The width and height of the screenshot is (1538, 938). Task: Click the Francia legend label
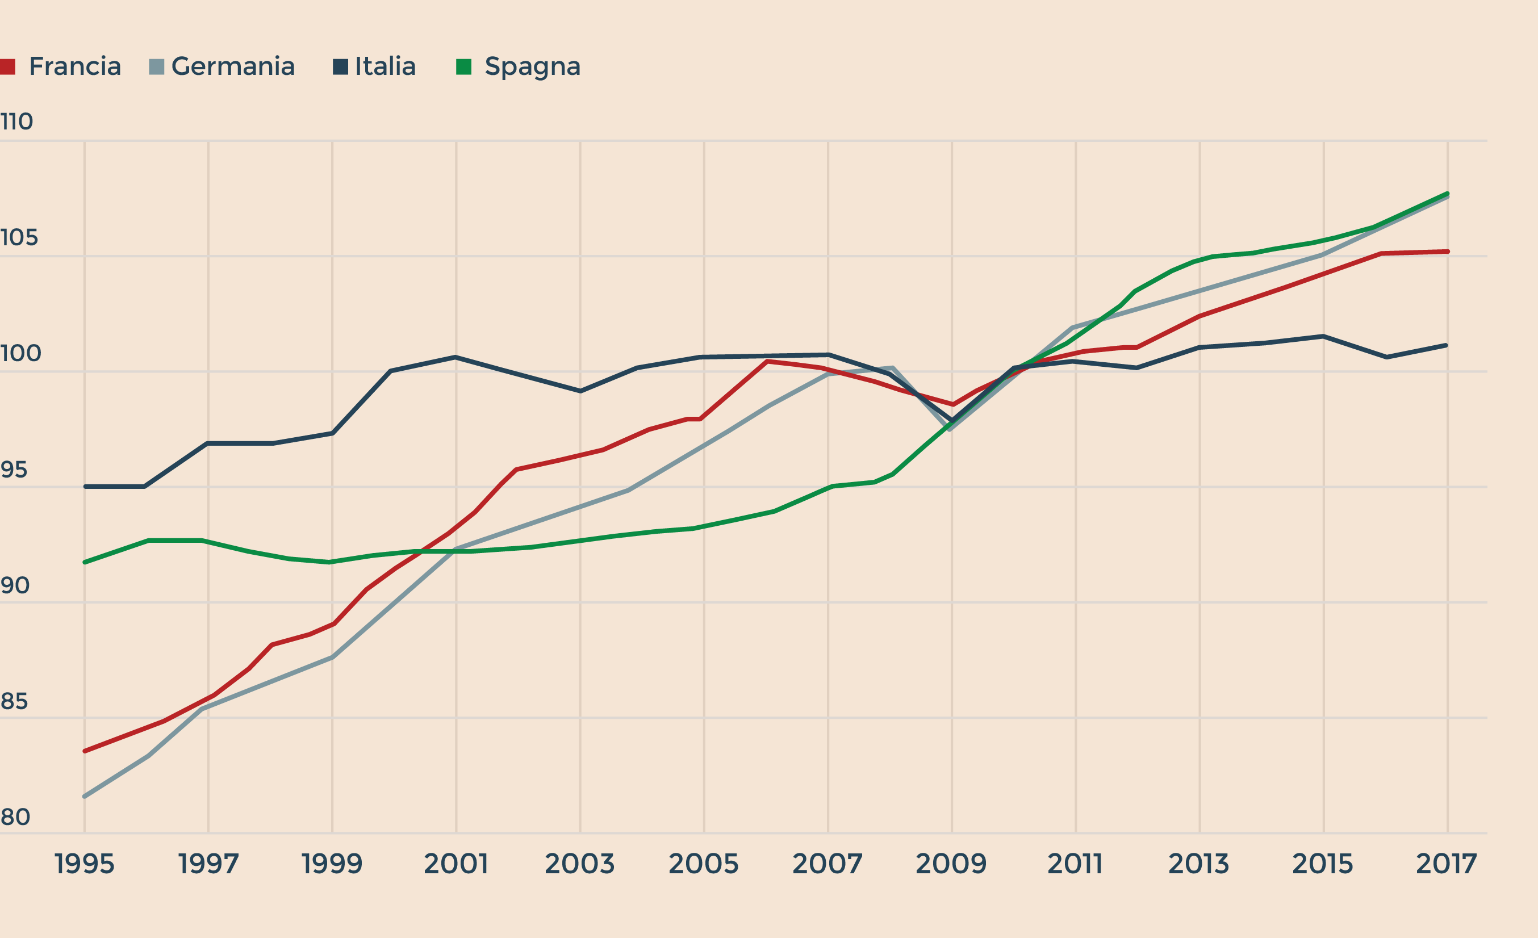coord(75,66)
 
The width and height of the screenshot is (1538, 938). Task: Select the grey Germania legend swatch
coord(157,66)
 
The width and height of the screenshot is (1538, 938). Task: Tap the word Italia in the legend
coord(385,66)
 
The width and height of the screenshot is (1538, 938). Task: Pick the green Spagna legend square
coord(464,66)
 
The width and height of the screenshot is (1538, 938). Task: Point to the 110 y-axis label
coord(16,121)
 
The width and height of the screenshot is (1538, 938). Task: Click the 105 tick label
coord(19,237)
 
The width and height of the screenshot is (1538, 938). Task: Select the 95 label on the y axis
coord(14,470)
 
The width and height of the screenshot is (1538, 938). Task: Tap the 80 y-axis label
coord(15,816)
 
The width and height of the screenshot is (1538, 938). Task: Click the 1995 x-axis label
coord(84,864)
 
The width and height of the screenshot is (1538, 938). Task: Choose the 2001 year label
coord(455,864)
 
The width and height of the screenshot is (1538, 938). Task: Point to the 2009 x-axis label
coord(951,864)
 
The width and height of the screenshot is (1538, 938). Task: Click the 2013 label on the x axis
coord(1199,864)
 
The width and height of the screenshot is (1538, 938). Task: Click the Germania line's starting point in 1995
coord(85,796)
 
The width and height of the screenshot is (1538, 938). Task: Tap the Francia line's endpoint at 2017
coord(1447,252)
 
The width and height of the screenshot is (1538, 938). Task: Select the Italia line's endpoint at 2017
coord(1445,345)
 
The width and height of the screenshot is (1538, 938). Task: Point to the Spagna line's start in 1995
coord(85,562)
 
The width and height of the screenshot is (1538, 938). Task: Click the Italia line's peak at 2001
coord(455,357)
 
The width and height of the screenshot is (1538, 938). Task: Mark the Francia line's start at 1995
coord(85,751)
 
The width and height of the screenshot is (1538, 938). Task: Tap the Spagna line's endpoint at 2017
coord(1447,194)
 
